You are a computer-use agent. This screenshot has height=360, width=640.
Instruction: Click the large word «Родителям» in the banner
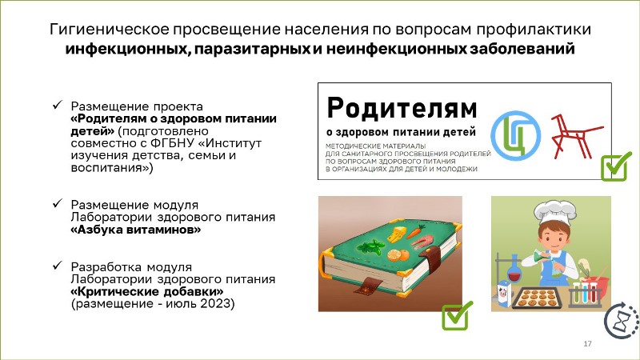[x=402, y=108]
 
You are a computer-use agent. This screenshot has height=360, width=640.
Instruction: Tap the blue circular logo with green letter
[x=515, y=135]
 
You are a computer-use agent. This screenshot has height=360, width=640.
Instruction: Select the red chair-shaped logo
[x=575, y=136]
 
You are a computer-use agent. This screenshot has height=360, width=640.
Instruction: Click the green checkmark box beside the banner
[x=615, y=166]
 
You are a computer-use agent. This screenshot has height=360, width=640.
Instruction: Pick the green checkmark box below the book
[x=457, y=315]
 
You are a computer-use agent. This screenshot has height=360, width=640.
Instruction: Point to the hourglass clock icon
[x=622, y=321]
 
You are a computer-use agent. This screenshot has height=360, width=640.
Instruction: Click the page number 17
[x=587, y=344]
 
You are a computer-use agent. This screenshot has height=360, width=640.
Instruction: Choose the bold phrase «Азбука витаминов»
[x=136, y=230]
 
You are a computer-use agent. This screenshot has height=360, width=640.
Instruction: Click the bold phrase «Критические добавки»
[x=147, y=292]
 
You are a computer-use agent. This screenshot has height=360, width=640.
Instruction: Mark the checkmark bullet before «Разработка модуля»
[x=57, y=266]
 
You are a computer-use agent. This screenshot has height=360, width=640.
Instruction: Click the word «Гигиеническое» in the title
[x=109, y=30]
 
